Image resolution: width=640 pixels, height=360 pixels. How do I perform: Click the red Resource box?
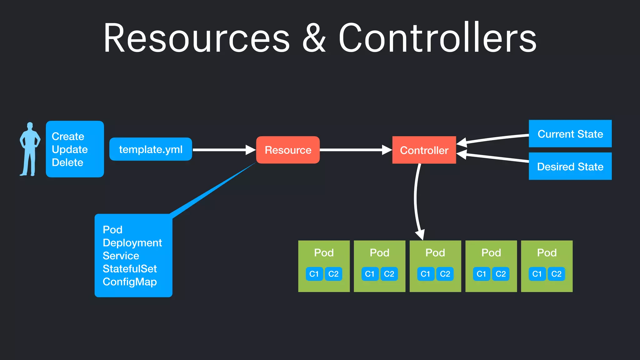click(288, 150)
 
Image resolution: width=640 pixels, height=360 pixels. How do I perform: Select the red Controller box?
click(424, 150)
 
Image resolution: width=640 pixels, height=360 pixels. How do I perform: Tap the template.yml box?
click(151, 149)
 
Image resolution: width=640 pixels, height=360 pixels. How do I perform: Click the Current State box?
click(570, 134)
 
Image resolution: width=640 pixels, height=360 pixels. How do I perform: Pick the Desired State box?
click(570, 166)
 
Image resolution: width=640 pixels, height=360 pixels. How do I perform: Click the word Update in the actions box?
click(70, 149)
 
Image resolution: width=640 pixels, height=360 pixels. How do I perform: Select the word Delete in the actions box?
click(67, 162)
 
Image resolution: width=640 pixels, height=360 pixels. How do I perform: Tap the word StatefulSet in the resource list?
click(130, 269)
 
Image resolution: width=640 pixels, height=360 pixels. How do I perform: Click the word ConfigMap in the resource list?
click(130, 282)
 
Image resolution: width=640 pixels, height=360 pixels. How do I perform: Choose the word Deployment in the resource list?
click(132, 243)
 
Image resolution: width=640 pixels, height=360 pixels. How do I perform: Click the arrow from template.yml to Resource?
click(223, 150)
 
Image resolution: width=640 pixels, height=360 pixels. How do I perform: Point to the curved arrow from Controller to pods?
click(416, 200)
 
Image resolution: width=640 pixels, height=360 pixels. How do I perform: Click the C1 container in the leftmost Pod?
click(314, 274)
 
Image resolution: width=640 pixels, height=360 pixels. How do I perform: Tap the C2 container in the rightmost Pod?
click(556, 274)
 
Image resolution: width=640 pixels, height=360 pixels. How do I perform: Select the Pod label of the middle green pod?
click(435, 252)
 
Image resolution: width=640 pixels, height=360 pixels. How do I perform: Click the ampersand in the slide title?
click(314, 38)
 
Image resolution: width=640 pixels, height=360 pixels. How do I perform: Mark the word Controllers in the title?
click(437, 38)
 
